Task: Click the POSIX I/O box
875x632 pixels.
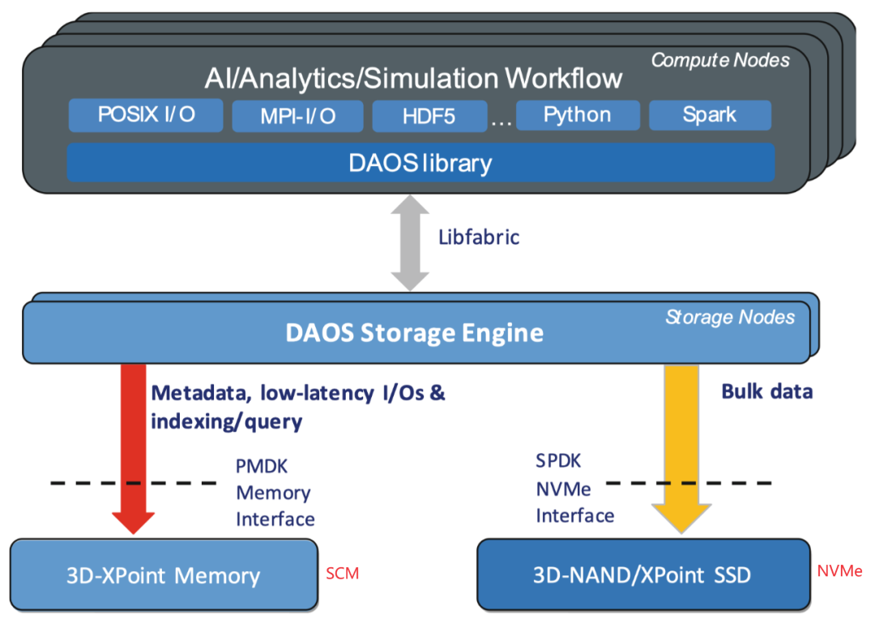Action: [x=146, y=115]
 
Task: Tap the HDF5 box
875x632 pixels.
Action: [x=429, y=117]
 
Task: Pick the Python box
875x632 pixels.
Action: [x=577, y=114]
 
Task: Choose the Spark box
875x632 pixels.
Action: [x=709, y=114]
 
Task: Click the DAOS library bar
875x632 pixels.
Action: [x=420, y=162]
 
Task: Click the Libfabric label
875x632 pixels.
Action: [x=478, y=237]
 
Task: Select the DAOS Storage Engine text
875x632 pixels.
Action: [x=414, y=332]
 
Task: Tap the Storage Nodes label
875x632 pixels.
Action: [x=729, y=317]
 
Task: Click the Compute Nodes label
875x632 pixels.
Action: [x=720, y=59]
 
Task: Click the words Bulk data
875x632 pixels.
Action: [x=766, y=391]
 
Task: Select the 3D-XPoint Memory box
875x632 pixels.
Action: [x=163, y=576]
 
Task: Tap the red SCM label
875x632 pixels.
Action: [x=342, y=574]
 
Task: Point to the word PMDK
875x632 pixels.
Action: [x=262, y=467]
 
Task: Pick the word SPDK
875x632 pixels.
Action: [x=558, y=461]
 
